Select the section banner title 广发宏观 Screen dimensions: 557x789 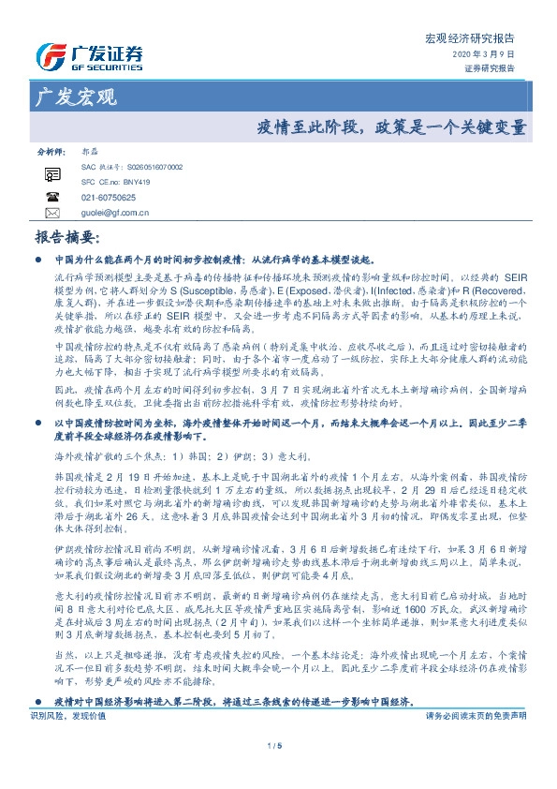75,96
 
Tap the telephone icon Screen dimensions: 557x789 51,197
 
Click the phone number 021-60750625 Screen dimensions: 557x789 109,198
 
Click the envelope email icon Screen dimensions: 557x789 51,213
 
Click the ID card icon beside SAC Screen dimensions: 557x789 51,172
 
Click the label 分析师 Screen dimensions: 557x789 51,151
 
